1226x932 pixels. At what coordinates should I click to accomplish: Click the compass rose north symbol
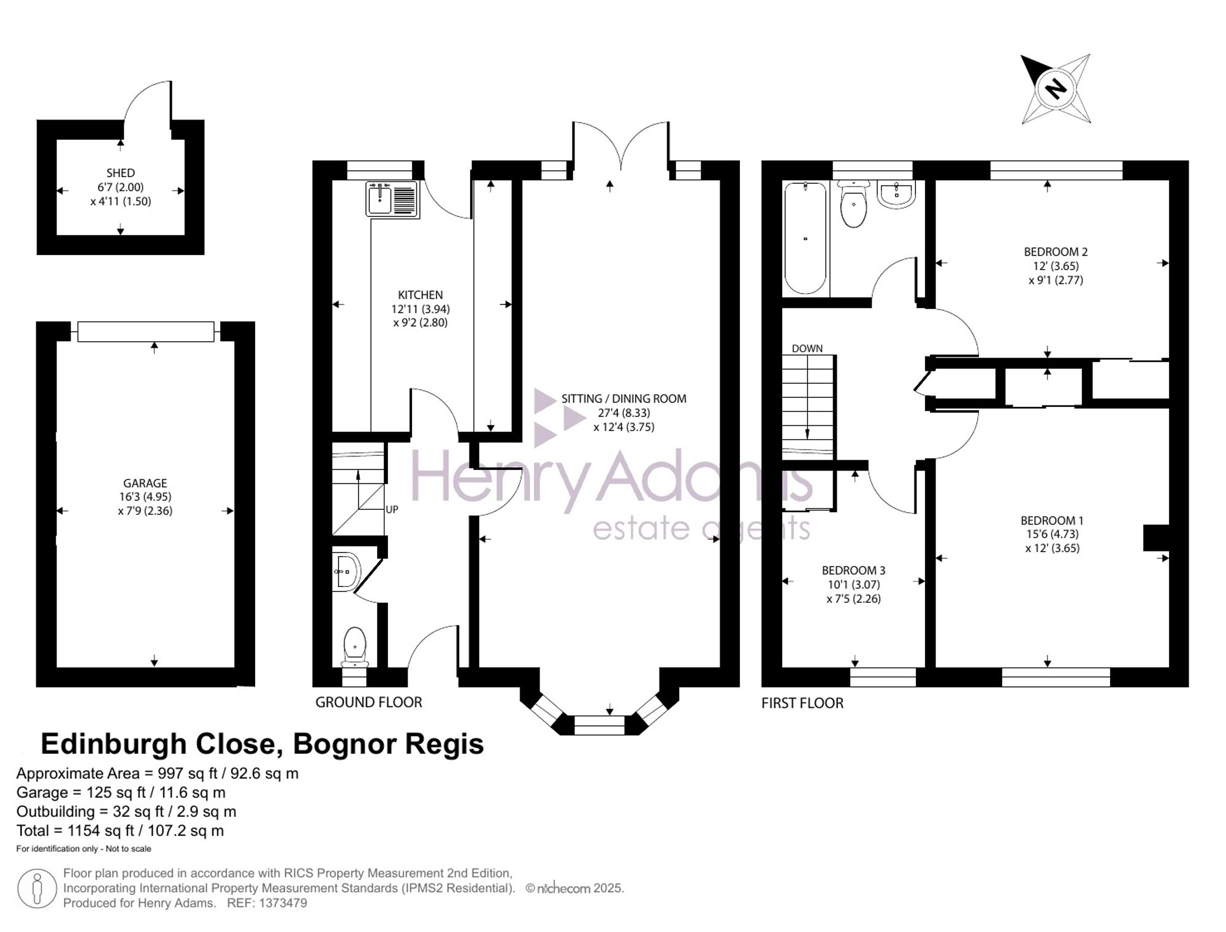tap(1056, 89)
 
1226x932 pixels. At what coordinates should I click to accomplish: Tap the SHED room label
tap(120, 173)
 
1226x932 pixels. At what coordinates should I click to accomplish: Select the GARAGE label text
tap(145, 483)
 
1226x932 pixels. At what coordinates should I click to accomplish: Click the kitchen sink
tap(392, 199)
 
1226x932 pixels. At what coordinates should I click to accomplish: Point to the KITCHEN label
tap(421, 295)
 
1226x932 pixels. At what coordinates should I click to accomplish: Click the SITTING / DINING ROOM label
tap(624, 399)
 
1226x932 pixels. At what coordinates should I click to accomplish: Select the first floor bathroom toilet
tap(854, 204)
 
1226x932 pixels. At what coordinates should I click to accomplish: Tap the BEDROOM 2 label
tap(1056, 252)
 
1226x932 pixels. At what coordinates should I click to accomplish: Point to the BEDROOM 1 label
tap(1052, 521)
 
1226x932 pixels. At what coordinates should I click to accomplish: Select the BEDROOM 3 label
tap(853, 570)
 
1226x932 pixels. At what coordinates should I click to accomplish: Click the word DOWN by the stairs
tap(807, 349)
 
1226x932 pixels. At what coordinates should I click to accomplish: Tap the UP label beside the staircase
tap(392, 509)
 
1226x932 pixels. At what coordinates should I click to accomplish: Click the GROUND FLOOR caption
tap(368, 702)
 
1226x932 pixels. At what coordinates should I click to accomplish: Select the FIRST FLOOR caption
tap(802, 703)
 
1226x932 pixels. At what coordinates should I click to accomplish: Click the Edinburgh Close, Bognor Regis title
tap(262, 744)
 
